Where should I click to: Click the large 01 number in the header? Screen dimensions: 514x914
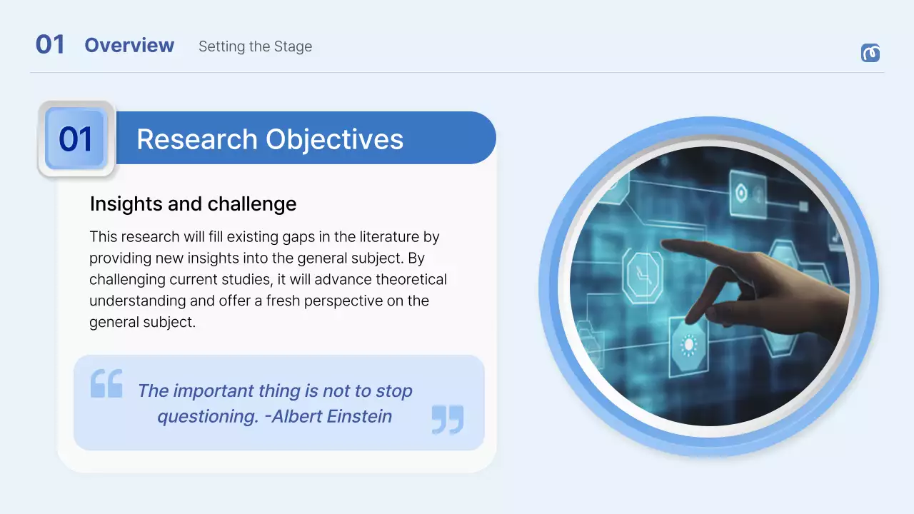click(50, 45)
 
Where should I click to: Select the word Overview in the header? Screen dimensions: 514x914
click(129, 45)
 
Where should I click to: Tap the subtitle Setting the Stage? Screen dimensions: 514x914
click(255, 46)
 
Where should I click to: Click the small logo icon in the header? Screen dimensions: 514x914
click(870, 53)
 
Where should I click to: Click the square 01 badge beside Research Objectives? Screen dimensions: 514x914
click(76, 139)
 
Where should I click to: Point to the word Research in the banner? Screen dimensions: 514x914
click(198, 139)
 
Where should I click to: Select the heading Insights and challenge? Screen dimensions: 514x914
click(193, 204)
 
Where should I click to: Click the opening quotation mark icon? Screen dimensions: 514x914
click(106, 383)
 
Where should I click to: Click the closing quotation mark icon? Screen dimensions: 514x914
click(448, 419)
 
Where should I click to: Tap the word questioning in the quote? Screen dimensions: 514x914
click(207, 416)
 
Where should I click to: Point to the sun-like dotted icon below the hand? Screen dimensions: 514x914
click(689, 346)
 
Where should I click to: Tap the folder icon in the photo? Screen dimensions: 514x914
click(588, 336)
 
